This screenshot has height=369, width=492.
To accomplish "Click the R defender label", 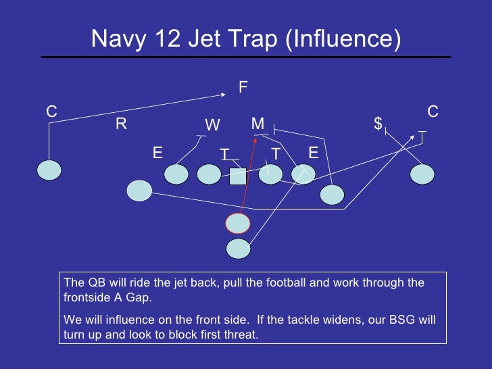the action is (121, 124).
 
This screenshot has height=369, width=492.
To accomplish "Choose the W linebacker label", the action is (212, 125).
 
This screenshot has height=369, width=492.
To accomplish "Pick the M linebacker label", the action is (257, 123).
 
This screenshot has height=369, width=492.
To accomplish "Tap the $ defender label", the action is (378, 123).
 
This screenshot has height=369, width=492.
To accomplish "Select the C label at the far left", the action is (51, 112).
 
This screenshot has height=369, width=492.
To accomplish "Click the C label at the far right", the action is (433, 111).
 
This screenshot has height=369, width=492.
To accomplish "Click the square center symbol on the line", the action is (237, 176).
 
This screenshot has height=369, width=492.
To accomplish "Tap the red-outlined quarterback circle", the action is (238, 222).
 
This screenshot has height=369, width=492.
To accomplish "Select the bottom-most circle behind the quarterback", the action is (238, 249).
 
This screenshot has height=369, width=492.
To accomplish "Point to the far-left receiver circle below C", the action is (49, 170).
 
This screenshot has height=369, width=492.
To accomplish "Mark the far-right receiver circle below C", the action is (422, 174).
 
